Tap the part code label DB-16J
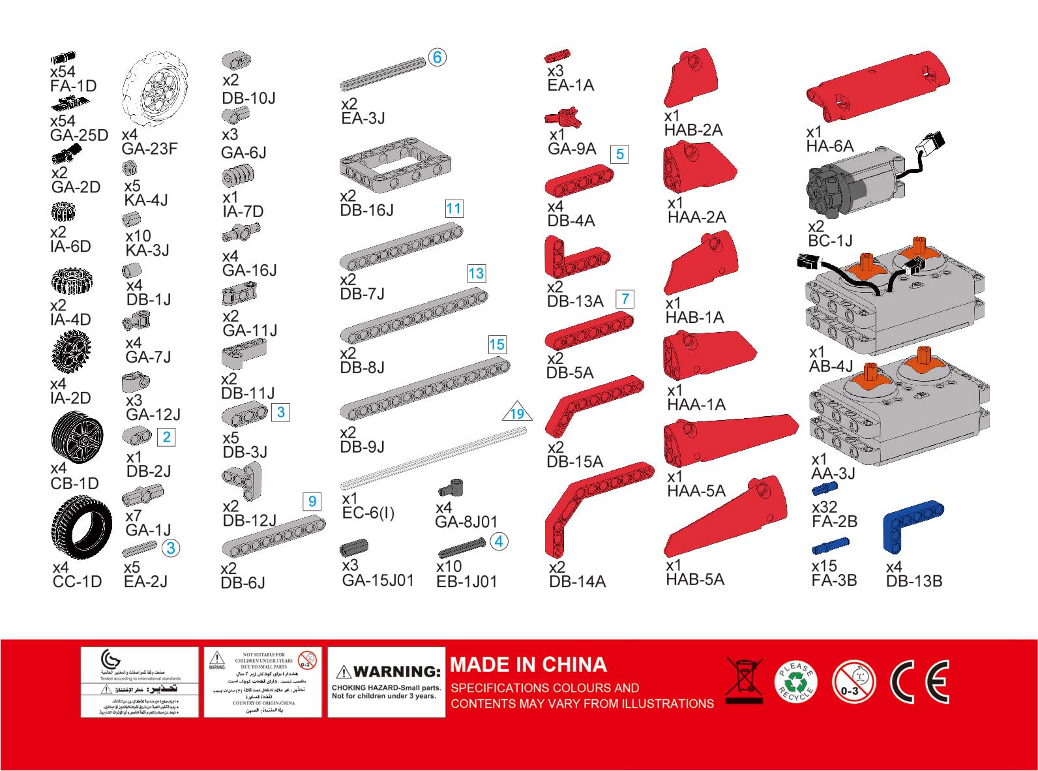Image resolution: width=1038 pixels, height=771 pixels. point(366,210)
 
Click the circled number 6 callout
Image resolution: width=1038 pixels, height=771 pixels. point(437,57)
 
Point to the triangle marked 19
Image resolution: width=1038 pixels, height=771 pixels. point(517,412)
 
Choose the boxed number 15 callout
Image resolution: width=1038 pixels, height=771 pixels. point(497,344)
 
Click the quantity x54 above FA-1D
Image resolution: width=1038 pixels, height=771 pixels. point(63,72)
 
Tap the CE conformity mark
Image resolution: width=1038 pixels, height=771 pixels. point(919,682)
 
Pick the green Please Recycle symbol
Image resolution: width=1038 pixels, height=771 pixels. point(795,682)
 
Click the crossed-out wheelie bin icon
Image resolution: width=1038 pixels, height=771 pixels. point(743,680)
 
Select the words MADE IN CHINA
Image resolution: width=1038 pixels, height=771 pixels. point(528,665)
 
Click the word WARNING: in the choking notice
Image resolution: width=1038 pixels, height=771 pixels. point(397,671)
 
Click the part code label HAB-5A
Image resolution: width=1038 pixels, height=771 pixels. point(694,579)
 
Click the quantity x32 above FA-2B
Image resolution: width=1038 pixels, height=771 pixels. point(824,507)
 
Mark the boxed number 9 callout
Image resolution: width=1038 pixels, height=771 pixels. point(312,501)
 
